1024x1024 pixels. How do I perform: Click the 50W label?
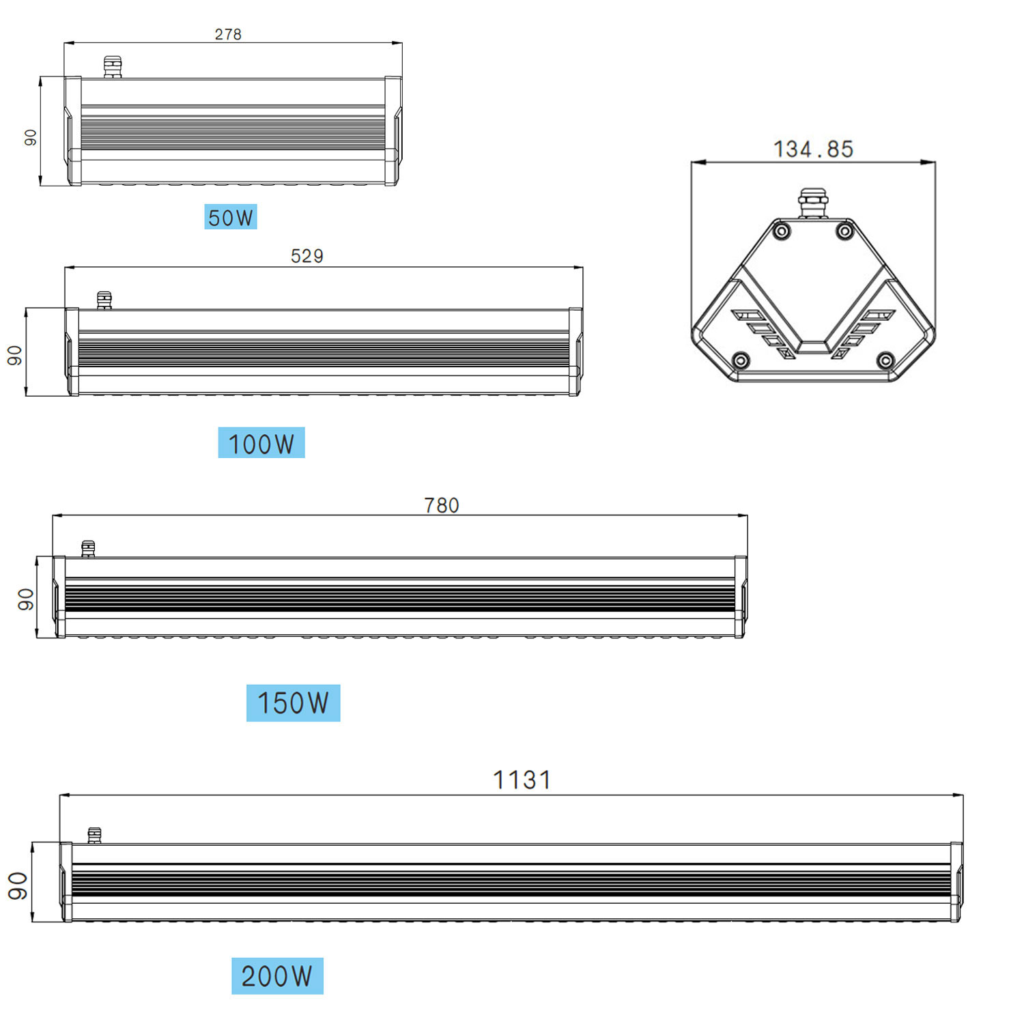[x=231, y=217]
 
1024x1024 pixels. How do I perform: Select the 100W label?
[x=261, y=443]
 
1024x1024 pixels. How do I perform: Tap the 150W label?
[x=294, y=703]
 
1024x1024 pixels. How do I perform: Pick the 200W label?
[x=277, y=976]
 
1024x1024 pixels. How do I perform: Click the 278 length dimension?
[x=228, y=34]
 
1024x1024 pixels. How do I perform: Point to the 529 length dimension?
[x=307, y=256]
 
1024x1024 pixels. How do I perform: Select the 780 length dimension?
[x=442, y=505]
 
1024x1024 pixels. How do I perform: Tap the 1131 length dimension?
[x=522, y=780]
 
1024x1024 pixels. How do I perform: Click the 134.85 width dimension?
[x=813, y=149]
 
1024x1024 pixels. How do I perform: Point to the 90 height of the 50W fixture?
[x=31, y=137]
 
